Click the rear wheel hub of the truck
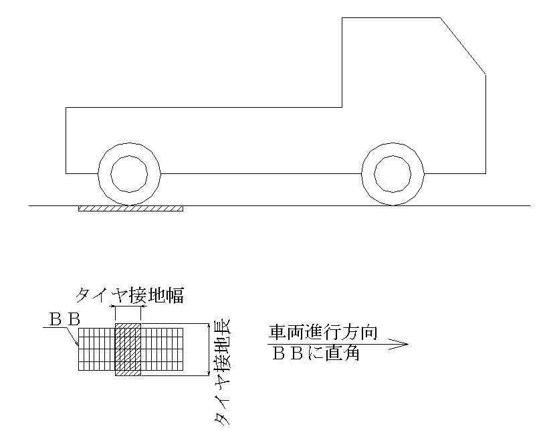coord(128,173)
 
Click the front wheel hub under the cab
coord(393,174)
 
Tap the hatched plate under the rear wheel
coord(130,209)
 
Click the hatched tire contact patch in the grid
coord(128,349)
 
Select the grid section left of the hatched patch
coord(96,349)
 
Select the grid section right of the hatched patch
coord(162,349)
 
